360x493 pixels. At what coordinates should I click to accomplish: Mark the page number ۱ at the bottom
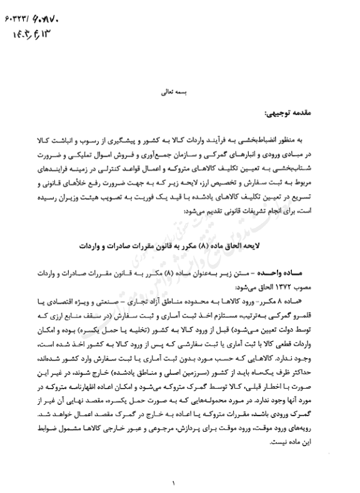coord(174,482)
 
